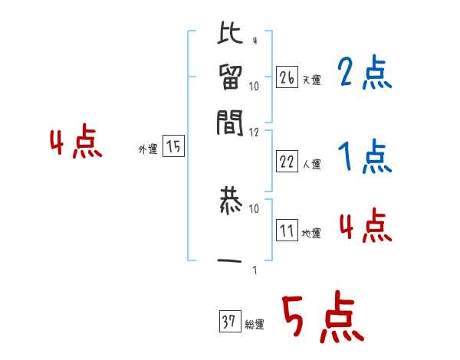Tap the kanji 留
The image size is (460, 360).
pos(230,79)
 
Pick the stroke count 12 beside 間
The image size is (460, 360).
pos(255,132)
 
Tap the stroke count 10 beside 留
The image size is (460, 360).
pos(255,86)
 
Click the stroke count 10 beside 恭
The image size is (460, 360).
pos(255,208)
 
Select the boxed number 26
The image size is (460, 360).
pos(287,77)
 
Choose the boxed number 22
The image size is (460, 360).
pos(287,162)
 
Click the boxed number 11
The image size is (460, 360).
pos(287,231)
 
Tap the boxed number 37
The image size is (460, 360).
pos(228,322)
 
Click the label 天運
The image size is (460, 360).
pos(311,80)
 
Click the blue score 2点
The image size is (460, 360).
pos(364,74)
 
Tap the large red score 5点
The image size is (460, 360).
pos(323,318)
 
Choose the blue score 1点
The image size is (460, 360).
pos(364,159)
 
